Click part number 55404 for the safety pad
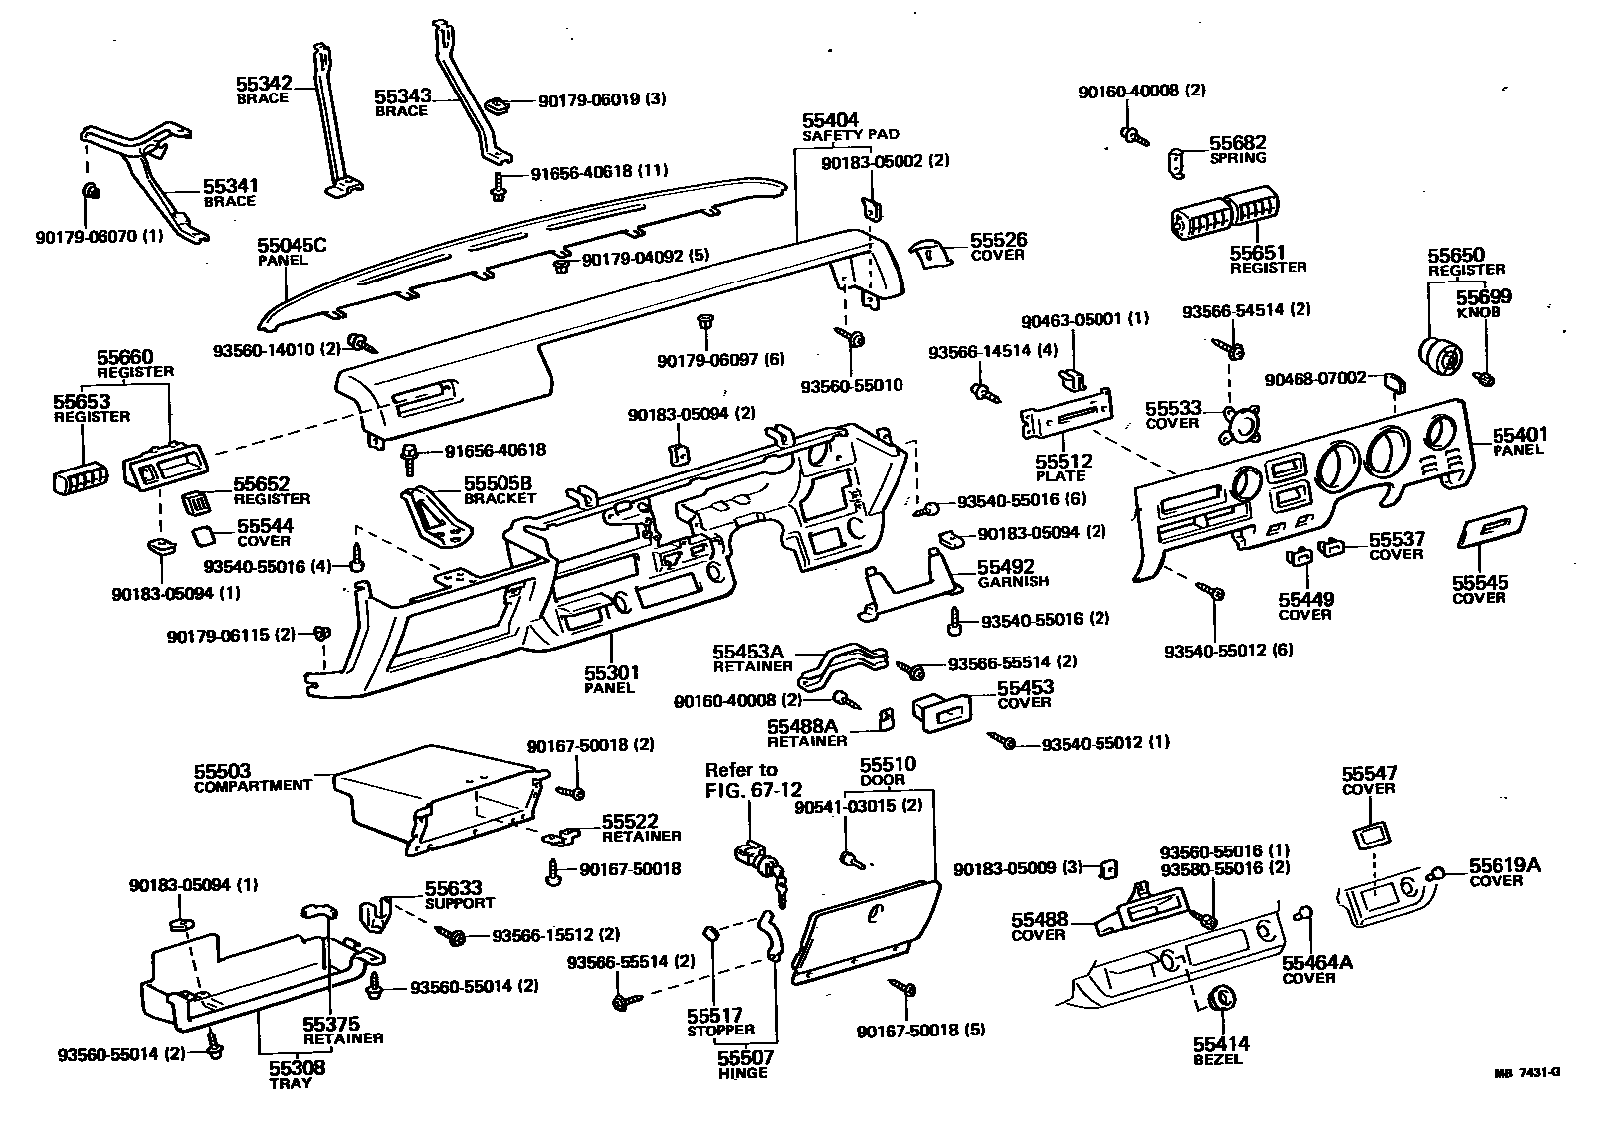pos(830,120)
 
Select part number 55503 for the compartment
pos(222,771)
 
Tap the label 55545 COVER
pos(1479,590)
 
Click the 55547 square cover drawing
pos(1369,834)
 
